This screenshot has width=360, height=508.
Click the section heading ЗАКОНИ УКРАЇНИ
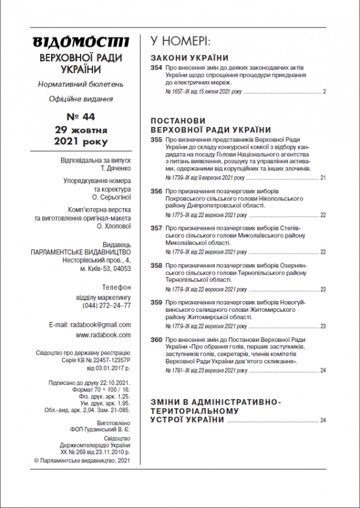(x=190, y=58)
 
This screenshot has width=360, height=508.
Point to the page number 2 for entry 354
(x=324, y=92)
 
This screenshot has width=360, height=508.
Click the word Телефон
(x=116, y=287)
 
